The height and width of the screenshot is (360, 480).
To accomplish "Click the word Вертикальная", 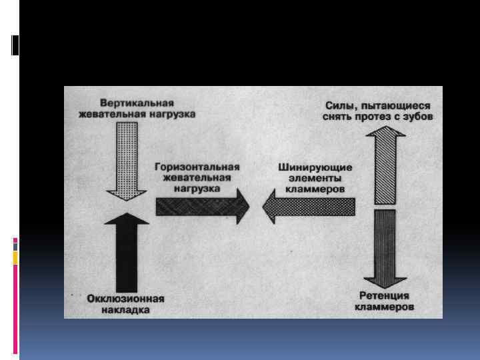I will pyautogui.click(x=137, y=103).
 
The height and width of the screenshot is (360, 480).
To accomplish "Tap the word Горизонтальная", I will pyautogui.click(x=196, y=167).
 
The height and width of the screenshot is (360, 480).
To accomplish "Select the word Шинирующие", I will pyautogui.click(x=315, y=167).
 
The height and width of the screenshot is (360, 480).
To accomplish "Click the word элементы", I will pyautogui.click(x=315, y=178).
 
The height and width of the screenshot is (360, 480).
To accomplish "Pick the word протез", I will pyautogui.click(x=379, y=117).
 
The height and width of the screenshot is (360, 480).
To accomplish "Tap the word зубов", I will pyautogui.click(x=419, y=117).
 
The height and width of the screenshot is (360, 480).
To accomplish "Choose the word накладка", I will pyautogui.click(x=126, y=310).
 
